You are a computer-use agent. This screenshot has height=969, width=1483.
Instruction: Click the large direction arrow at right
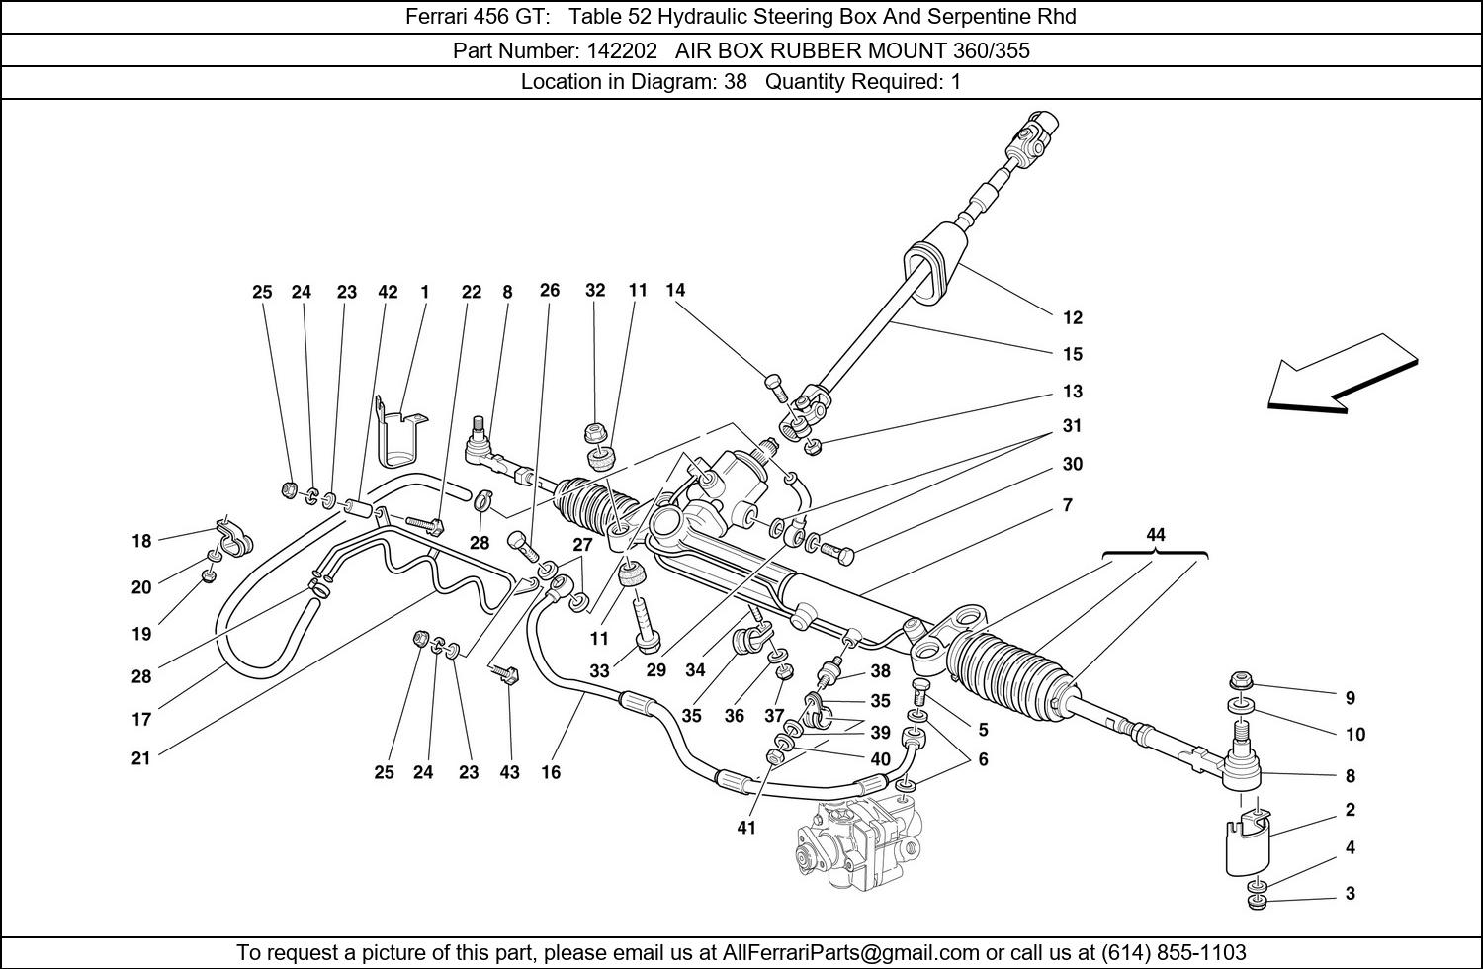1343,374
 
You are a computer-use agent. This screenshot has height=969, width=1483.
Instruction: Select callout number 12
1073,318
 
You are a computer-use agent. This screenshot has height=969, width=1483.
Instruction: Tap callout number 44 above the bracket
1156,535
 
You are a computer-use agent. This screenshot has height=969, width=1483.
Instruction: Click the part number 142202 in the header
620,51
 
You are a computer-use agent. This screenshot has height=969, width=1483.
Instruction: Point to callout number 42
388,292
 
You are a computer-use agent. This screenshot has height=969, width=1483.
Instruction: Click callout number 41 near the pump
746,828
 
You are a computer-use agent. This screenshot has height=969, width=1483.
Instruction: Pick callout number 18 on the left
141,541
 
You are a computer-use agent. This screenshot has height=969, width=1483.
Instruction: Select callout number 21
141,757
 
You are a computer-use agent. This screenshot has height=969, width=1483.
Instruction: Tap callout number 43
509,772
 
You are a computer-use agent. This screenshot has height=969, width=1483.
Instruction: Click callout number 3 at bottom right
1351,894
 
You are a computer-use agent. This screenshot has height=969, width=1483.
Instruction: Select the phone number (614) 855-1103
1174,952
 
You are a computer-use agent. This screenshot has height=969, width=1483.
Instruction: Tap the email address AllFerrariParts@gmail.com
850,952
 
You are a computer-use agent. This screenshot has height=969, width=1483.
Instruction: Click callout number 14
675,290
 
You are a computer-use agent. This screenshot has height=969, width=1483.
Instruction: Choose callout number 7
1067,505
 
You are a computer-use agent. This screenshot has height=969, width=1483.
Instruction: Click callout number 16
550,772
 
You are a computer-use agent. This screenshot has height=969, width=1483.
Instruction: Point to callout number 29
656,669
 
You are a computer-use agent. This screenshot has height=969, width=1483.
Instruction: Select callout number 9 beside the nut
1350,697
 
